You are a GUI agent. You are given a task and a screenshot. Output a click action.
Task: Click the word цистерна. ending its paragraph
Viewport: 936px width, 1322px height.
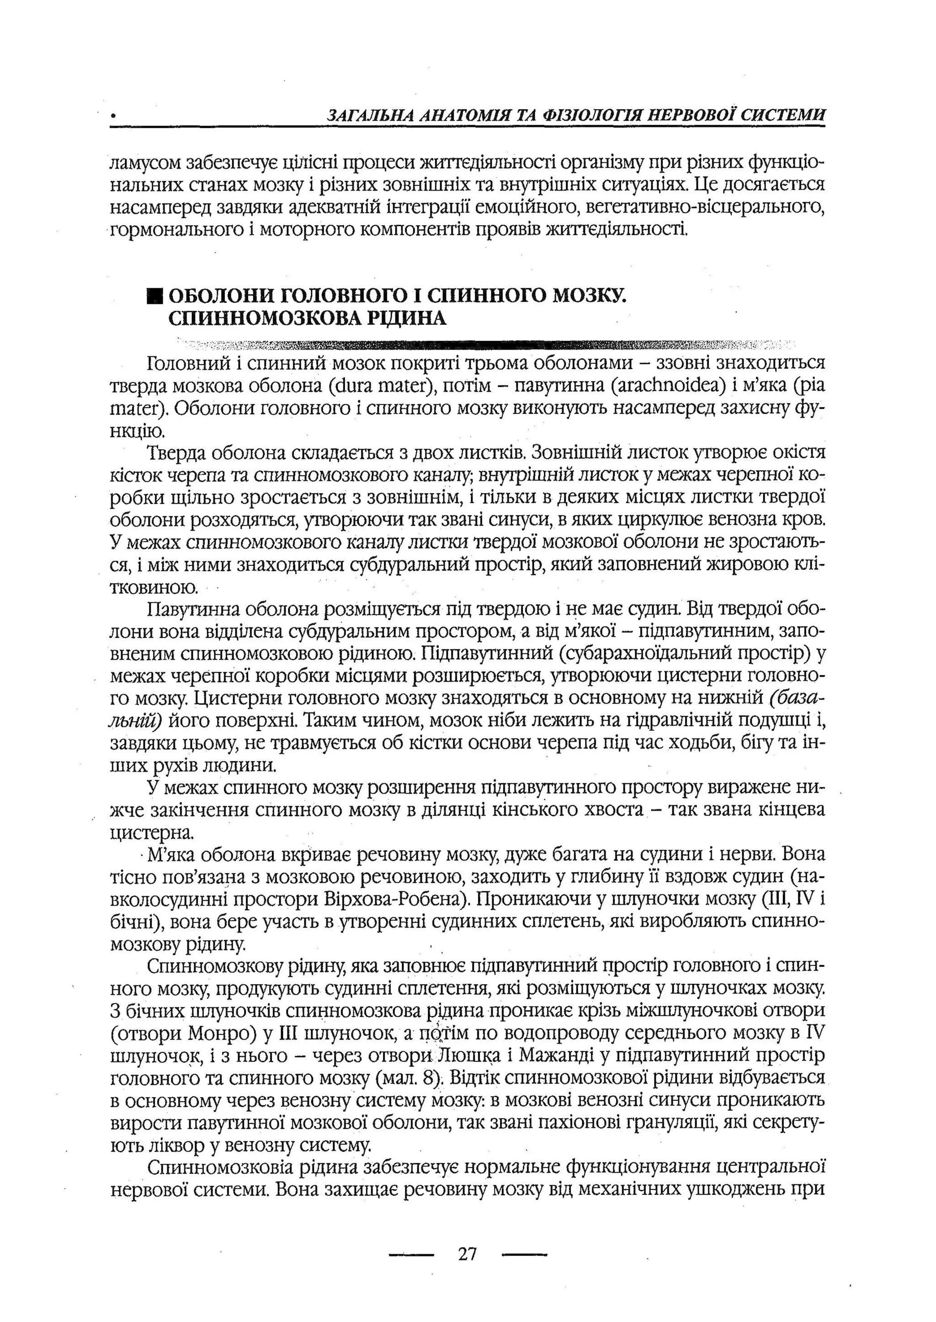152,833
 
